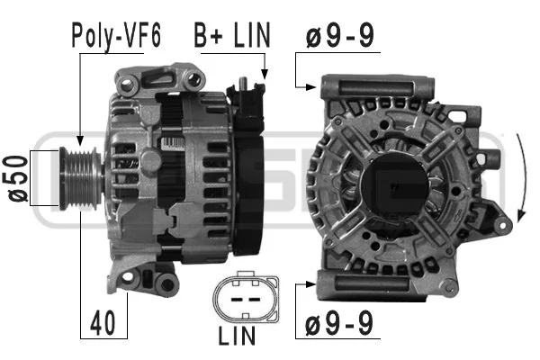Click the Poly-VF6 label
pyautogui.click(x=116, y=35)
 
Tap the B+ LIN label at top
pyautogui.click(x=232, y=35)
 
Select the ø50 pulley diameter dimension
pyautogui.click(x=18, y=178)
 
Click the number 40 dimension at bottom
pyautogui.click(x=103, y=323)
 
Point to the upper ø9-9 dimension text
pyautogui.click(x=339, y=35)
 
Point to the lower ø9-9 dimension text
pyautogui.click(x=339, y=323)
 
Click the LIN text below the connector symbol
pyautogui.click(x=237, y=336)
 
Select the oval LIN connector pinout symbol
pyautogui.click(x=246, y=297)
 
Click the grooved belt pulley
pyautogui.click(x=81, y=178)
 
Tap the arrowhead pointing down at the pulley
pyautogui.click(x=80, y=140)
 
